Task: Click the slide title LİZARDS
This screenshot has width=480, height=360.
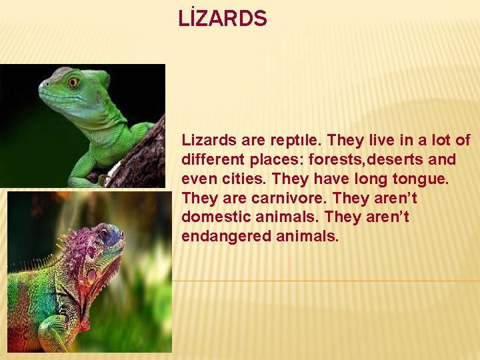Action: coord(223,19)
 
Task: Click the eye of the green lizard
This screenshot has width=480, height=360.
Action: coord(73,83)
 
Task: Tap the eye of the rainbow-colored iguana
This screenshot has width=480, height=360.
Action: coord(103,235)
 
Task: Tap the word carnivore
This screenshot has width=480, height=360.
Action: coord(292,199)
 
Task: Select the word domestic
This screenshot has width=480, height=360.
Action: coord(213,217)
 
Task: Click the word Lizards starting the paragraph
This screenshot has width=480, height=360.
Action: coord(204,141)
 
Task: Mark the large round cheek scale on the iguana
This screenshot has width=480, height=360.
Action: coord(91,275)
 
